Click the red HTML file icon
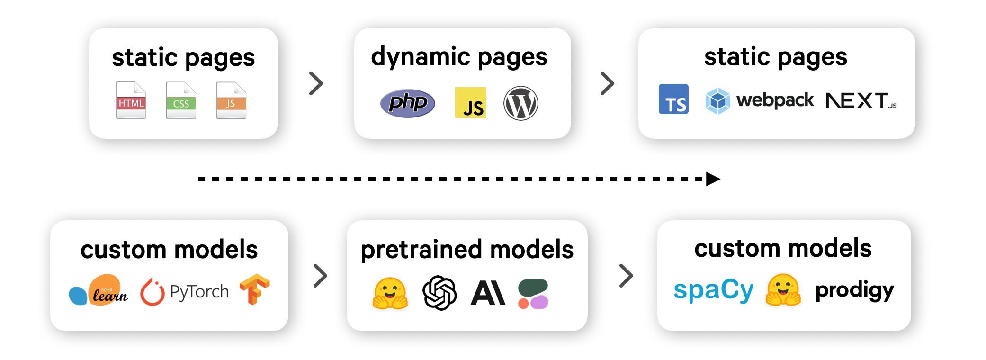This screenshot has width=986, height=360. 131,100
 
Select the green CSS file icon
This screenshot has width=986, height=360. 181,100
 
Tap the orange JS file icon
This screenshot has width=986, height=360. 231,100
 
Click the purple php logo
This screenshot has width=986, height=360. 407,103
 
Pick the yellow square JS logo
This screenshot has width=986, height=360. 470,102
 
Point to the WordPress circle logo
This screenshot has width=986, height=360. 520,103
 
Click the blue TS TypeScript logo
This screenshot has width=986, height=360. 673,99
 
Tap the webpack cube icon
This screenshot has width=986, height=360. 717,100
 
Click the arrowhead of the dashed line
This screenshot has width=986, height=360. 713,179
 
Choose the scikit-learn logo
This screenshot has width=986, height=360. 99,290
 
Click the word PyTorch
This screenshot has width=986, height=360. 199,292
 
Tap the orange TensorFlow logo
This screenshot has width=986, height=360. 254,289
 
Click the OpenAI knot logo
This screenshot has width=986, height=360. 439,293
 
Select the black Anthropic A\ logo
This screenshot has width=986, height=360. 488,293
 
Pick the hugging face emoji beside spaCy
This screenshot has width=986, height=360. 783,290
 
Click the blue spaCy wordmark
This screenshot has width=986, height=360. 713,290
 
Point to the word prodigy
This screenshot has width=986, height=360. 854,290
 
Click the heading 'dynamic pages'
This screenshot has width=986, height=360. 459,57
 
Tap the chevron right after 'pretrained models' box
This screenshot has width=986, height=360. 626,276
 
